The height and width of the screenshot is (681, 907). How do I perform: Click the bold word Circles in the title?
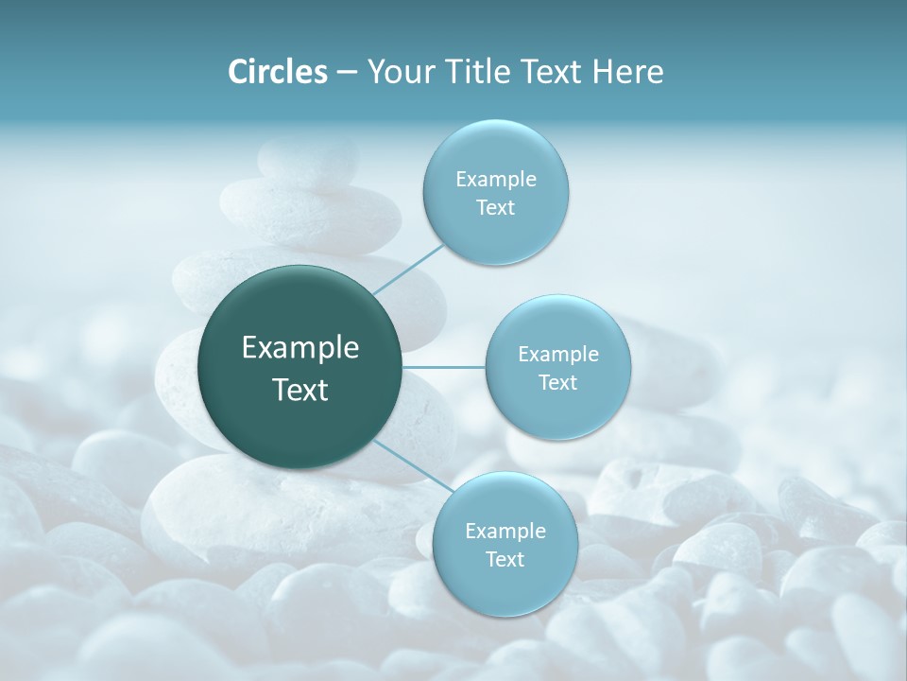click(277, 72)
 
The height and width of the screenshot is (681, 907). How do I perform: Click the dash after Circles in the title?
click(347, 73)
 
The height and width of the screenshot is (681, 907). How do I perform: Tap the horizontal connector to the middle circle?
click(444, 367)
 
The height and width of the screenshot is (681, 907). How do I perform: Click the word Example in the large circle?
click(300, 348)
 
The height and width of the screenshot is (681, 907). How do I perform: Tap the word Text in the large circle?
click(300, 390)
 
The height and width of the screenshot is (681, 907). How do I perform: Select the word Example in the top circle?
click(496, 179)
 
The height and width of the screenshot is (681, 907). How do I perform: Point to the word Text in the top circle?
click(495, 208)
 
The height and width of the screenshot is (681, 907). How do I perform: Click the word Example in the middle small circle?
click(558, 354)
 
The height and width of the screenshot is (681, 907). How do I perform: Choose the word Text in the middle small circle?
click(557, 382)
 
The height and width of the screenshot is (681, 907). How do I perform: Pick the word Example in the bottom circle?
click(505, 531)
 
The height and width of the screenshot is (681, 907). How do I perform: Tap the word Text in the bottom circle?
click(505, 559)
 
